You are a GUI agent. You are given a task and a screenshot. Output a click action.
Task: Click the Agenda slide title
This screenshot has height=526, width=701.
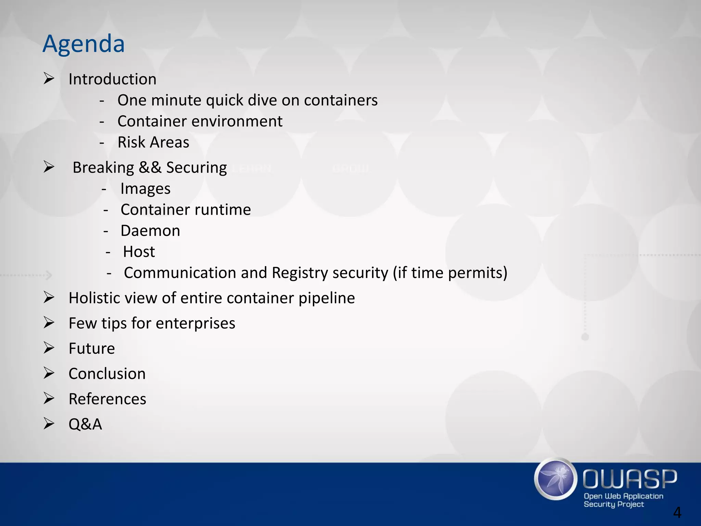pyautogui.click(x=84, y=43)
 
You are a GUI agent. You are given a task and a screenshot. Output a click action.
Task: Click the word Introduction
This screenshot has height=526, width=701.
pyautogui.click(x=112, y=79)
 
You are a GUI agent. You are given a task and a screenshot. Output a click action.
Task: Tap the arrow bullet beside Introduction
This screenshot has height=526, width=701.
pyautogui.click(x=49, y=79)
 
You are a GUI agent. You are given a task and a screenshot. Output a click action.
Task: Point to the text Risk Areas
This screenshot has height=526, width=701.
pyautogui.click(x=153, y=142)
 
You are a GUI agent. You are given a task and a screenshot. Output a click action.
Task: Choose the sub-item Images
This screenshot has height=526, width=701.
pyautogui.click(x=145, y=189)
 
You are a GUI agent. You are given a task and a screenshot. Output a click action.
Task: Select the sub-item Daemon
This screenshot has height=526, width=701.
pyautogui.click(x=150, y=231)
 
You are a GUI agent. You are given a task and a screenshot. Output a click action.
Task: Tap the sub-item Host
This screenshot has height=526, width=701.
pyautogui.click(x=139, y=252)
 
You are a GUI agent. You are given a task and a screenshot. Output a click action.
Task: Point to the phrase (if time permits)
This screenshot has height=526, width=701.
pyautogui.click(x=450, y=273)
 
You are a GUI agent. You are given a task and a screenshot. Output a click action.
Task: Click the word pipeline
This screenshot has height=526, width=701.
pyautogui.click(x=327, y=298)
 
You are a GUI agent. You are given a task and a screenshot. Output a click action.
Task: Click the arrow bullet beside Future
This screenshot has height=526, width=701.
pyautogui.click(x=49, y=348)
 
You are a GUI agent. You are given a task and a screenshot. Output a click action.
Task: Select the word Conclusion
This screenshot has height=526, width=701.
pyautogui.click(x=107, y=374)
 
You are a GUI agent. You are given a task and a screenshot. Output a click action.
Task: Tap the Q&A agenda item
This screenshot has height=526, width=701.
pyautogui.click(x=85, y=424)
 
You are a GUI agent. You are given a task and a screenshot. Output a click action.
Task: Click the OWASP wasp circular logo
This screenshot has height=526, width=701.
pyautogui.click(x=556, y=479)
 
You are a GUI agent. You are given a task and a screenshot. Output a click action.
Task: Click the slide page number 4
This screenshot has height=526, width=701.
pyautogui.click(x=677, y=513)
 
